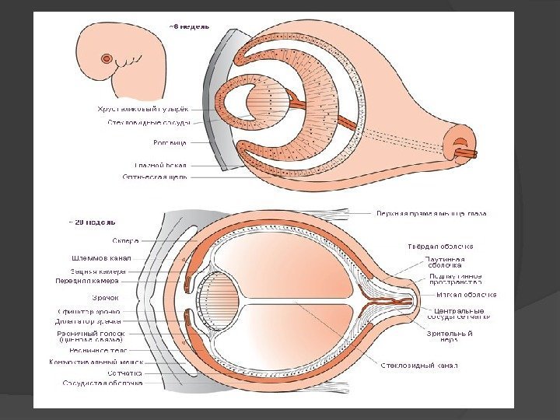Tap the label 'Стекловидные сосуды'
click(x=148, y=122)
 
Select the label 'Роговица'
click(x=169, y=143)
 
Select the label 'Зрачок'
click(x=106, y=298)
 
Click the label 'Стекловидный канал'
click(x=420, y=365)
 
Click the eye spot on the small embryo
click(x=106, y=58)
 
